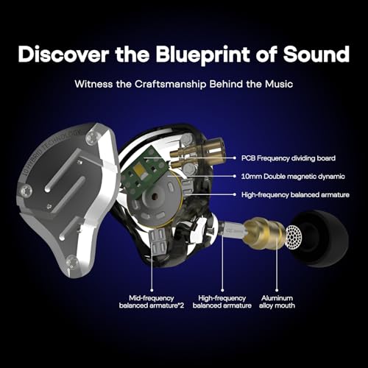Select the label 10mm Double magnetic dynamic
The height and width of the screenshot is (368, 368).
click(x=289, y=176)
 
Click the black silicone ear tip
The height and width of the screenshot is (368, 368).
click(x=328, y=236)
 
